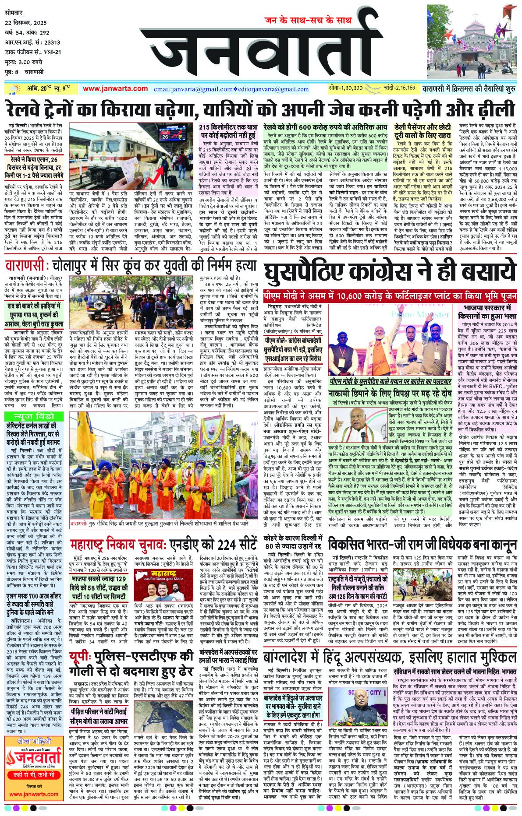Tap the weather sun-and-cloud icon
click(x=15, y=89)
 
